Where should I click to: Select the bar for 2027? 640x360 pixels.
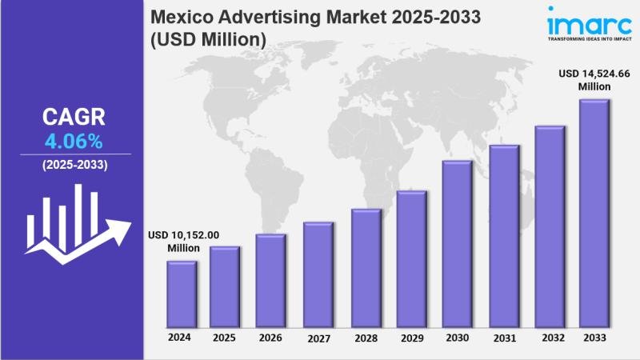click(318, 274)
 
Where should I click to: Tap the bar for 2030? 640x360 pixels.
click(457, 243)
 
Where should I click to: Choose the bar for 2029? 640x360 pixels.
click(411, 258)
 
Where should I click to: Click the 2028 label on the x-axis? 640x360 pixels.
click(364, 338)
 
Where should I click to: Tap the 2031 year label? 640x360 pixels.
click(503, 338)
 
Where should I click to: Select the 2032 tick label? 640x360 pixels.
click(550, 338)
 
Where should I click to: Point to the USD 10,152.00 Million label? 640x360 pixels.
click(183, 241)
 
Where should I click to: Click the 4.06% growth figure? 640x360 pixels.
click(72, 142)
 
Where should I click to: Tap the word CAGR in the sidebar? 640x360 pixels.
click(73, 118)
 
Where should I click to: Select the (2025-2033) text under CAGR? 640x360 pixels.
click(74, 165)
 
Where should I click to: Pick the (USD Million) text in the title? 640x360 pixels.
click(206, 38)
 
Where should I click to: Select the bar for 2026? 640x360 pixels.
click(270, 280)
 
